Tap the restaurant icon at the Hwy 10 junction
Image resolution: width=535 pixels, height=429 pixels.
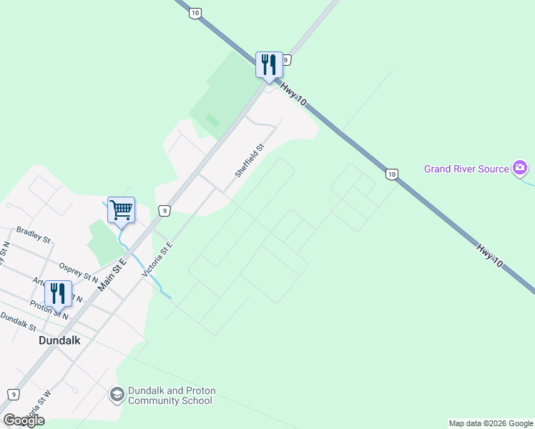270,65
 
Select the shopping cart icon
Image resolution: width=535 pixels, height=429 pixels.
121,210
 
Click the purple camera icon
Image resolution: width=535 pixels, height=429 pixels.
521,169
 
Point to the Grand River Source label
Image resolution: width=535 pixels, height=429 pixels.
466,169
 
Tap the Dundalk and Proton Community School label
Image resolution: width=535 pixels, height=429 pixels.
172,395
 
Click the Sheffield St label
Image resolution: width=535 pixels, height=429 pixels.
250,161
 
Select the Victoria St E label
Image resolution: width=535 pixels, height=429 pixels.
158,259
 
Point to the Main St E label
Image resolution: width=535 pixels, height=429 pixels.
112,274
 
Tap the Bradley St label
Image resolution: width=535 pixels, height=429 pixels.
33,235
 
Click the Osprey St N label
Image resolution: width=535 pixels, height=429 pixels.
78,272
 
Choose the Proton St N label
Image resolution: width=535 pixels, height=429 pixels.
49,310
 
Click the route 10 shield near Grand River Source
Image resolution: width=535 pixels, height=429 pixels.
391,174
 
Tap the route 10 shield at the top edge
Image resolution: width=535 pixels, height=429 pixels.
195,13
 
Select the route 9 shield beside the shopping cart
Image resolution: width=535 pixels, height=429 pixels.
164,210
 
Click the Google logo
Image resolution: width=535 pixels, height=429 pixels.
24,420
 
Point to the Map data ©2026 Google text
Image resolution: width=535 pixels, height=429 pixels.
491,423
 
